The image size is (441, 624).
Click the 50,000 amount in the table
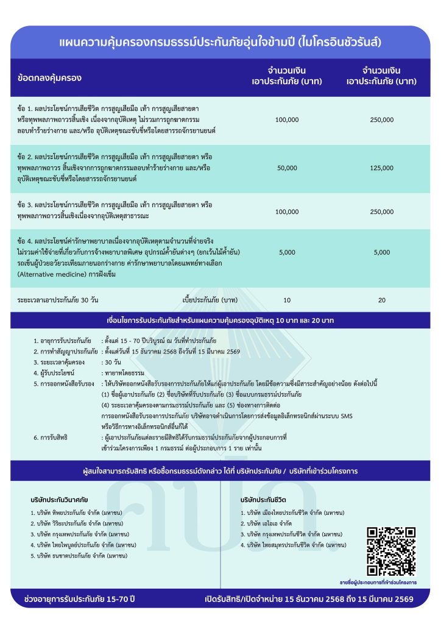287,168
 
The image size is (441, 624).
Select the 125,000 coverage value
382,168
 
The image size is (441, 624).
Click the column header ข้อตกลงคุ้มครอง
50,78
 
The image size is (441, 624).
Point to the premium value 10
287,300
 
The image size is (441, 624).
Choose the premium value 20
382,300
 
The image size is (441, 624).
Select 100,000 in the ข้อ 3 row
287,211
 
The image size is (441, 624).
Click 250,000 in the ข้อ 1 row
382,119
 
